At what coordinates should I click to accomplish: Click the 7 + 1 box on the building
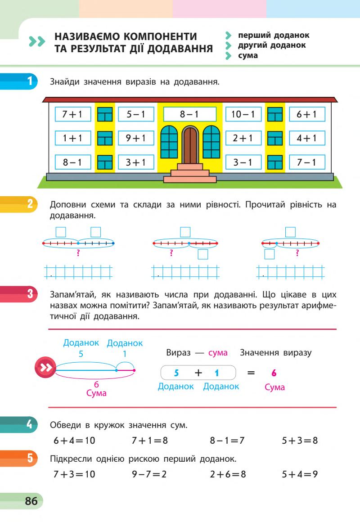point(72,114)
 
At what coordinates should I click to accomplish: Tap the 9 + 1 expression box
point(136,139)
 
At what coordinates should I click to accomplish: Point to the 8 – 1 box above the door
point(189,114)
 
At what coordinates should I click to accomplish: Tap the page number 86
point(31,501)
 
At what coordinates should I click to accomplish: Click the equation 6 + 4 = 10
point(74,440)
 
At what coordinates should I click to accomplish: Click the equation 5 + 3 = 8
point(300,440)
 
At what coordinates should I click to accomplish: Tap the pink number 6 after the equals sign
point(274,373)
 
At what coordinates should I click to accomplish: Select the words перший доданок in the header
point(274,35)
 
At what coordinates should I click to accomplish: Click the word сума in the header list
point(248,56)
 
